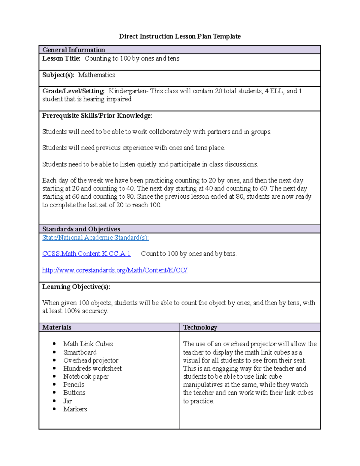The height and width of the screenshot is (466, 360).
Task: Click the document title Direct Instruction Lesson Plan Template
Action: tap(180, 36)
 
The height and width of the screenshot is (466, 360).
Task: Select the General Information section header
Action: tap(73, 50)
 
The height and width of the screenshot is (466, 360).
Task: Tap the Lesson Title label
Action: tap(61, 59)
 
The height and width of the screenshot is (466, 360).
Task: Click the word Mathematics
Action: tap(97, 75)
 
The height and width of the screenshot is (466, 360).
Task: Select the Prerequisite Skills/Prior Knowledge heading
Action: tap(97, 116)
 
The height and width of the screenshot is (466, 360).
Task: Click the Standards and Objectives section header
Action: tap(81, 229)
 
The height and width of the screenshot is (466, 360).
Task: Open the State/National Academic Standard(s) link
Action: tap(95, 238)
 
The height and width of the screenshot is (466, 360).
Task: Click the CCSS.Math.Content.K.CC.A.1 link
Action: tap(86, 254)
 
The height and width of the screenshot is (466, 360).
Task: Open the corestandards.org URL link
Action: tap(115, 270)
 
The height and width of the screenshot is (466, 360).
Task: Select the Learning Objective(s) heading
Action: tap(76, 287)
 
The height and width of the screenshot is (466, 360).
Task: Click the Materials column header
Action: tap(57, 327)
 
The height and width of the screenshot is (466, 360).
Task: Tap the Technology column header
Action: tap(200, 327)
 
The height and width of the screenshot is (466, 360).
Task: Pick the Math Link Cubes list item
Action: tap(88, 344)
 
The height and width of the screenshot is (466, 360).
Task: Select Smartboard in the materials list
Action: tap(80, 352)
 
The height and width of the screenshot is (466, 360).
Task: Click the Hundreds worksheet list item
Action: tap(92, 368)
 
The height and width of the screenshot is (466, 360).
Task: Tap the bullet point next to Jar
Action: tap(54, 401)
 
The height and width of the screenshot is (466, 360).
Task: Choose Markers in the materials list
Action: tap(75, 409)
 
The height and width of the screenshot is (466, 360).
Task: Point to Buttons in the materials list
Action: tap(74, 393)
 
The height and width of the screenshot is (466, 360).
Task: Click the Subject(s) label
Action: tap(58, 75)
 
